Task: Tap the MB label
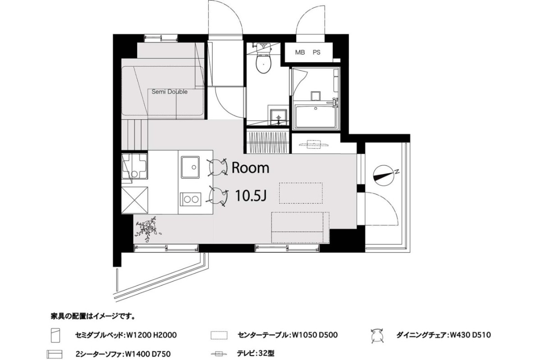(300, 52)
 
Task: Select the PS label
(316, 52)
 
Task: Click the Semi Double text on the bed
(170, 92)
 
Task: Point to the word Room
(250, 168)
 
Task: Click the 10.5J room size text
(251, 196)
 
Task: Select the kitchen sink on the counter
(191, 167)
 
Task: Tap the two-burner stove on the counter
(191, 199)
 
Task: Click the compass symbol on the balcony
(384, 176)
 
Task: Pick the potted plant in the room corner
(148, 228)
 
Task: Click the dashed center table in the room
(301, 193)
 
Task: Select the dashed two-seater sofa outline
(300, 227)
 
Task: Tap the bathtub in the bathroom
(316, 117)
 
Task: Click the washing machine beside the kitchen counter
(134, 166)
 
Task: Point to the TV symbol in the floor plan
(314, 144)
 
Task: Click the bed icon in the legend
(55, 335)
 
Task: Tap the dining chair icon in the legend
(377, 335)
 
